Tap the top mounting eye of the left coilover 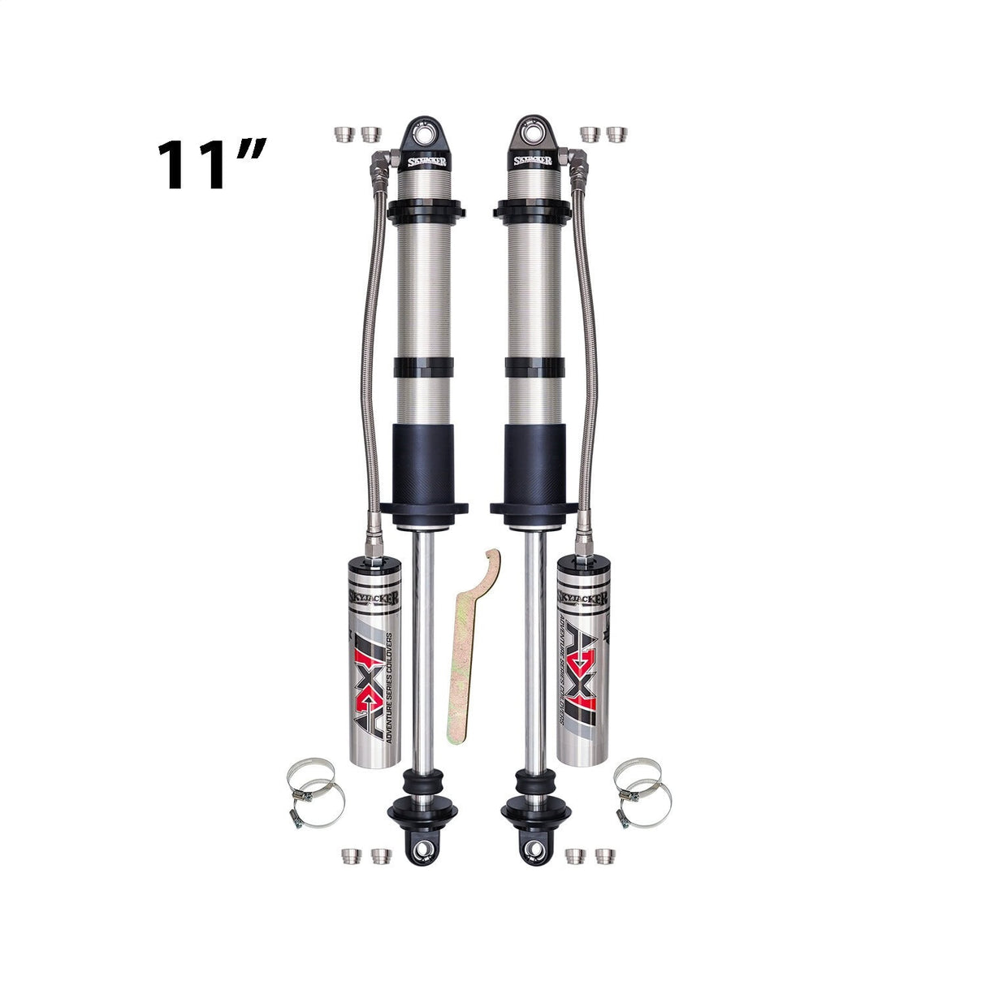(425, 132)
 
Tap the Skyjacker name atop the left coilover (425, 160)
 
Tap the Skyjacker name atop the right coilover (534, 160)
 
